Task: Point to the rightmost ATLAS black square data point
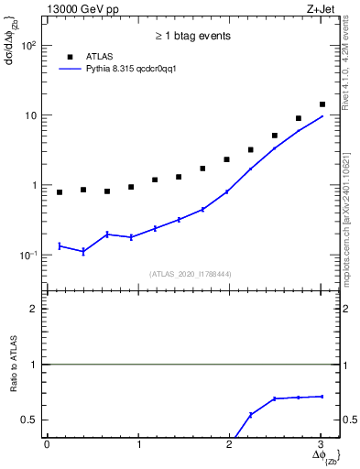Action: pos(322,104)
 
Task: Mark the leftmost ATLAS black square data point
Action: pos(60,192)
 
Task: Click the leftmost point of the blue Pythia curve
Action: pos(60,245)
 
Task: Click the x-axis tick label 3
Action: pos(321,445)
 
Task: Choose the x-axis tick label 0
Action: pos(47,445)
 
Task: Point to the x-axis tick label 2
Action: pos(229,445)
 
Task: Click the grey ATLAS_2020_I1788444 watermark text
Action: pos(191,274)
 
